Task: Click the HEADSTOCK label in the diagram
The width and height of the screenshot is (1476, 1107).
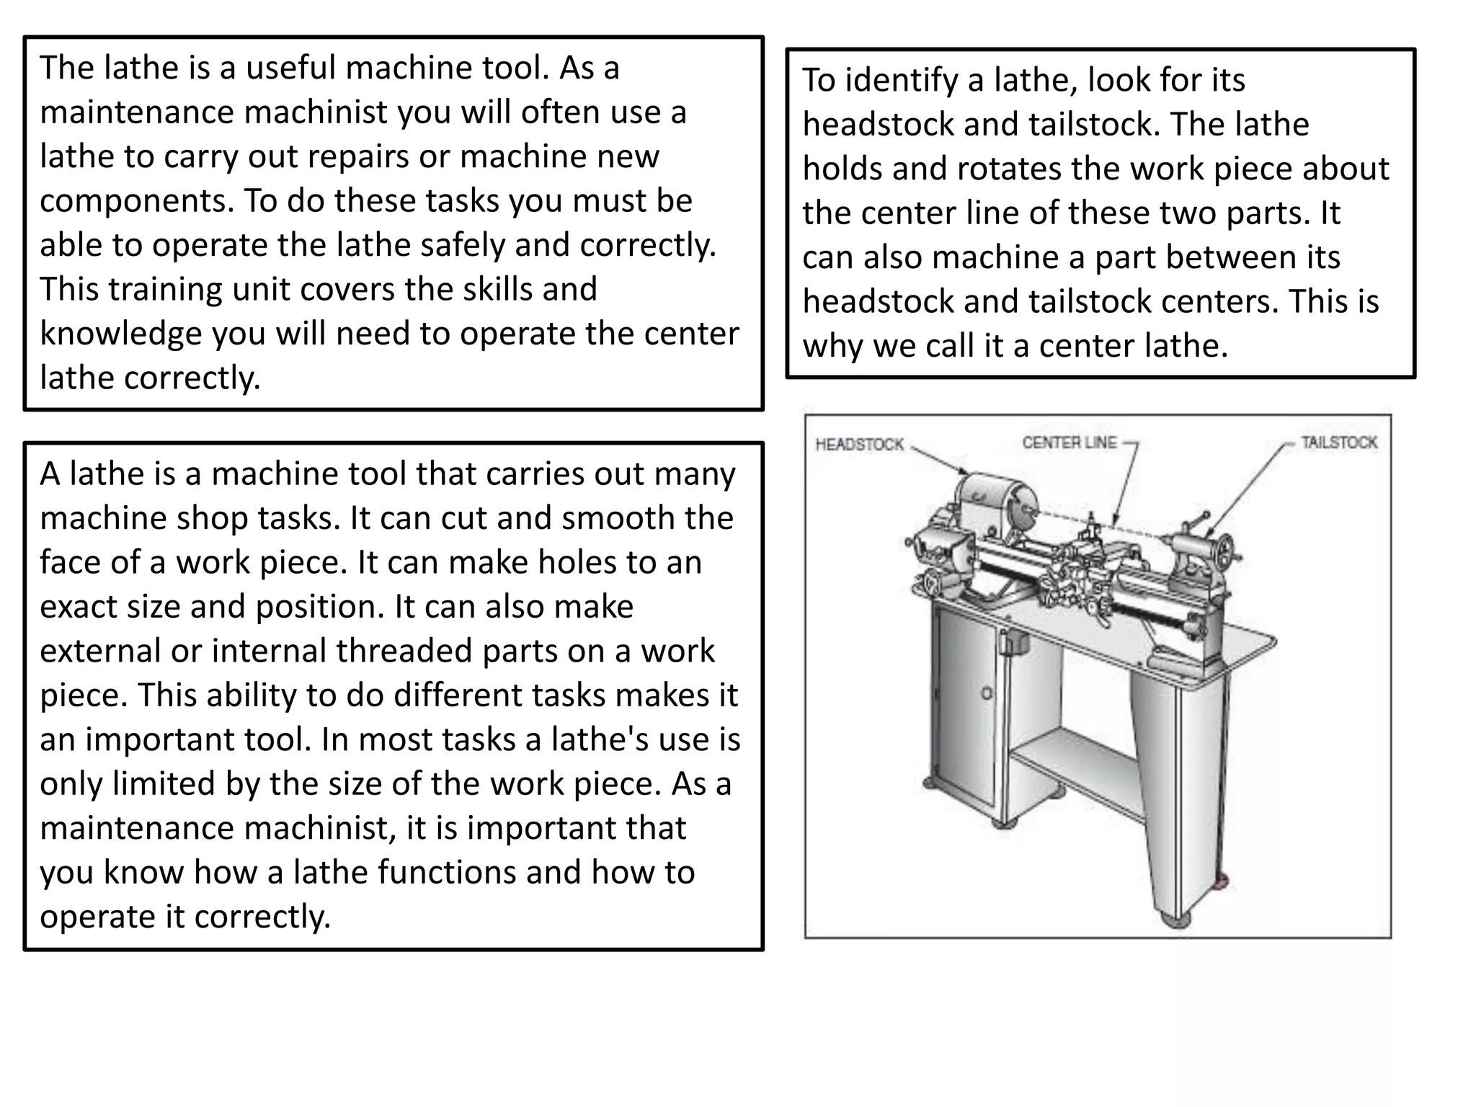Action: click(x=859, y=445)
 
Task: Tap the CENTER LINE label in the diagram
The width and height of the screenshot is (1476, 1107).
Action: click(x=1069, y=443)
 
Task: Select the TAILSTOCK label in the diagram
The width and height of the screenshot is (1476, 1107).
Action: click(x=1338, y=443)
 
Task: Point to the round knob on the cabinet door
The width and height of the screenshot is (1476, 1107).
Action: click(x=987, y=693)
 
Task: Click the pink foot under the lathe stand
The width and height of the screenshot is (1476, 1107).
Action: click(x=1219, y=881)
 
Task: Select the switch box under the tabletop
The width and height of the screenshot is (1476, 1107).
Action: click(x=1008, y=641)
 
